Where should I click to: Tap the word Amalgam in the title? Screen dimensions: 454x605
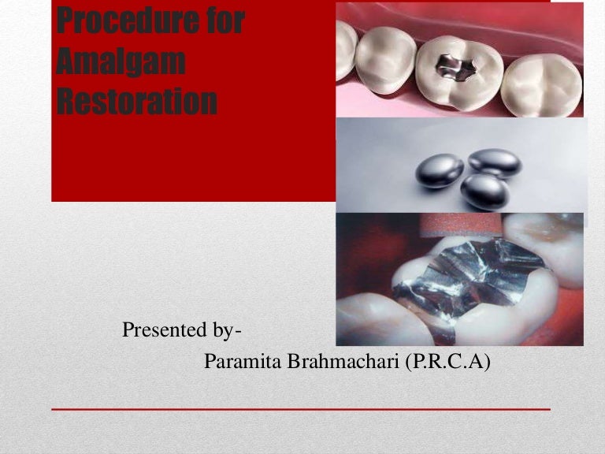coord(121,61)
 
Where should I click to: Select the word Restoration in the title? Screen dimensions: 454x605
coord(137,102)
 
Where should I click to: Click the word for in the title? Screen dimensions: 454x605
coord(225,22)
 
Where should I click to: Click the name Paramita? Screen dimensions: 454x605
coord(241,362)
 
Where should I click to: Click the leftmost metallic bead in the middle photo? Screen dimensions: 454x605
coord(440,169)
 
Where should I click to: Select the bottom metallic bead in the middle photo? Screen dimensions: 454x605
coord(484,191)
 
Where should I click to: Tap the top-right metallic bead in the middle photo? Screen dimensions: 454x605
coord(495,162)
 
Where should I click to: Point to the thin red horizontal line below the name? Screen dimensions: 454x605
coord(300,410)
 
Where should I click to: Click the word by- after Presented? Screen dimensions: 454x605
coord(224,331)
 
